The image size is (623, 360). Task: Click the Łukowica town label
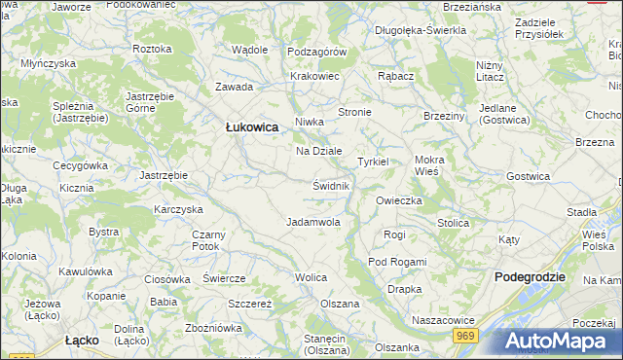coord(252,127)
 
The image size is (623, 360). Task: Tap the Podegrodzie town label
coord(530,276)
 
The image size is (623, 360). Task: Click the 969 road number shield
coord(464,335)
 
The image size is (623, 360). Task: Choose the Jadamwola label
coord(313,222)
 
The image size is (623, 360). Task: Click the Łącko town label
coord(83,341)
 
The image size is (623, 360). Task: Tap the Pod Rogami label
coord(397,262)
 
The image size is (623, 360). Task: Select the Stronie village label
coord(354,112)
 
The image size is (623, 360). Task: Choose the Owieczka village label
coord(398,200)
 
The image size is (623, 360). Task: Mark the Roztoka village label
coord(152,48)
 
